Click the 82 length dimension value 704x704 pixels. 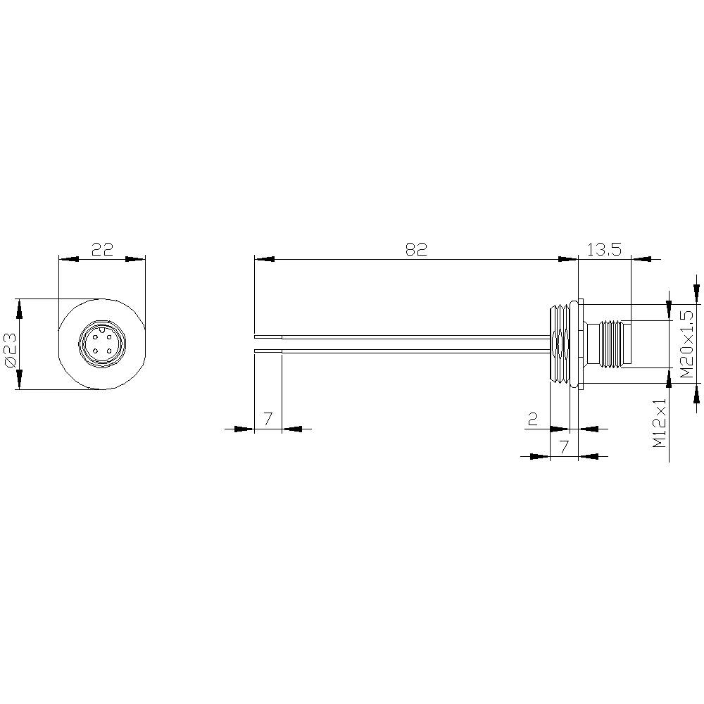(416, 249)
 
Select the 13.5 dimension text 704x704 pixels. (604, 249)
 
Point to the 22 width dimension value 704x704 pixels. (102, 249)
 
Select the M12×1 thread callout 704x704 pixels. (659, 423)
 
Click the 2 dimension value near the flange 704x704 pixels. (533, 420)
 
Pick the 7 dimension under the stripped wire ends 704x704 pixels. (268, 420)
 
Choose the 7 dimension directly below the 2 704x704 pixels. (562, 446)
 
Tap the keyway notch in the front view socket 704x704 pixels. (102, 328)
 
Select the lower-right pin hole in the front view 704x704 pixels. (109, 350)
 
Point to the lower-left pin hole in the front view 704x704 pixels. (95, 350)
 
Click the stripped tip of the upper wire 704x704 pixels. (268, 337)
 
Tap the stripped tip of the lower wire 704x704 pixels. (268, 350)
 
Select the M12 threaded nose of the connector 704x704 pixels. (614, 344)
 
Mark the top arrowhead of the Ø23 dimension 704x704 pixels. (19, 307)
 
